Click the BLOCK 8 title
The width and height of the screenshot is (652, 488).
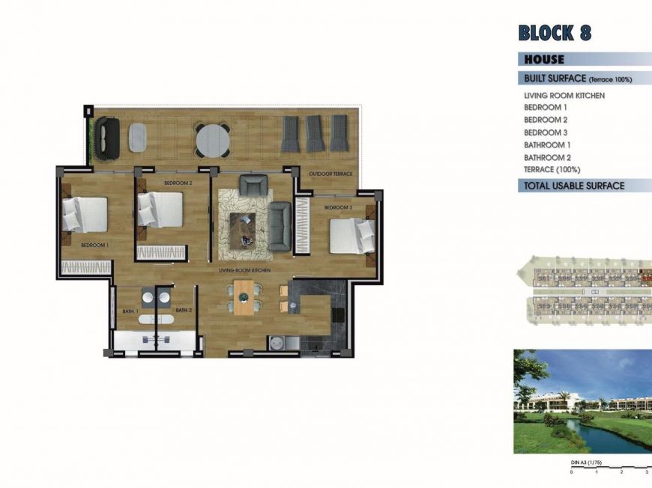pyautogui.click(x=555, y=33)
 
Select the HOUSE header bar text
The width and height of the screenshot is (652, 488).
pyautogui.click(x=544, y=59)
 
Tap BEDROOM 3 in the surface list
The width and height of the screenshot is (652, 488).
pyautogui.click(x=545, y=132)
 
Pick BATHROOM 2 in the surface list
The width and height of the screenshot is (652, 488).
pyautogui.click(x=547, y=157)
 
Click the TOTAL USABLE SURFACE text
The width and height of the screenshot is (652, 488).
pyautogui.click(x=574, y=186)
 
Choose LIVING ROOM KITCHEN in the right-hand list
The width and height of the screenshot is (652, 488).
pyautogui.click(x=564, y=96)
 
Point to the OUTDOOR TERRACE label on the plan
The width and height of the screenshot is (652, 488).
pyautogui.click(x=330, y=174)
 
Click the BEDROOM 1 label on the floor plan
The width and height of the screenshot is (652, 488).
pyautogui.click(x=95, y=245)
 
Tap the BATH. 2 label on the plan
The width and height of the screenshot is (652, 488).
pyautogui.click(x=184, y=310)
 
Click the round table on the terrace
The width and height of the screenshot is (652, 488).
pyautogui.click(x=213, y=138)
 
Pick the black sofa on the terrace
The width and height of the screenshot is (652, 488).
pyautogui.click(x=106, y=138)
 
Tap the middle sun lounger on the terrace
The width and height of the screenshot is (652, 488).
pyautogui.click(x=315, y=134)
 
